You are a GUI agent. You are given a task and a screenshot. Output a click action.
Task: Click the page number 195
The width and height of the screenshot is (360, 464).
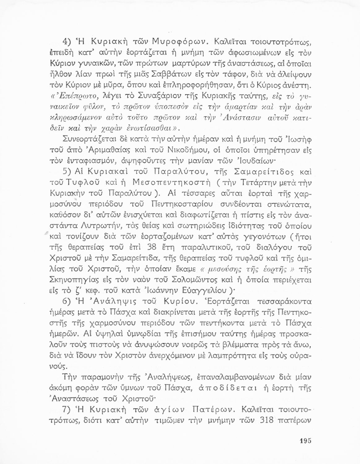tap(305, 441)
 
